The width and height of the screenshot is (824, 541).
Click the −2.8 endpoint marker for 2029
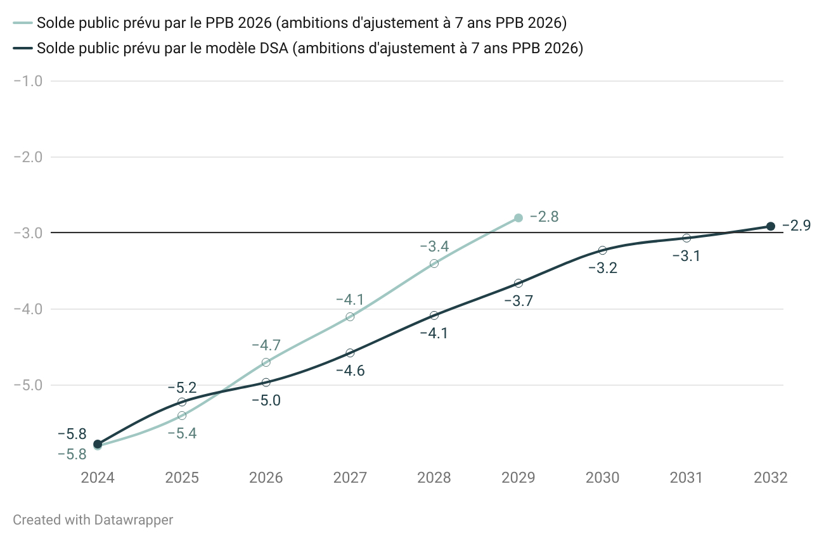click(x=518, y=217)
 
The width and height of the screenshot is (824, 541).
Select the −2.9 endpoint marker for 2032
click(x=771, y=226)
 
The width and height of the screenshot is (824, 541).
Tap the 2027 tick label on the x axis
click(x=350, y=478)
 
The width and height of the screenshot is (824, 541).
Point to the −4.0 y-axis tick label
click(x=28, y=309)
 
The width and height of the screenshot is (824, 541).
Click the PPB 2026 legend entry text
click(x=302, y=23)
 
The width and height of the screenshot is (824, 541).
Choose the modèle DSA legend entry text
click(x=310, y=49)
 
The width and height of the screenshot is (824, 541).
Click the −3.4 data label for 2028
click(x=434, y=246)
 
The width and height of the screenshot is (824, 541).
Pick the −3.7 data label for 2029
click(x=518, y=301)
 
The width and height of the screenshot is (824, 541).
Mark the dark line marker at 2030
click(x=602, y=250)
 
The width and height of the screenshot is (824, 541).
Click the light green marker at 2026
click(x=266, y=362)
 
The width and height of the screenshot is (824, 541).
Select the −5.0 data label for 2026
click(x=266, y=400)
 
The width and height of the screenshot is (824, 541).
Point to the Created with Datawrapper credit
click(x=93, y=520)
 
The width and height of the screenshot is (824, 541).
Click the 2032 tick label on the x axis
click(x=771, y=478)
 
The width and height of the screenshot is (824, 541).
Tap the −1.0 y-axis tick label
click(x=28, y=80)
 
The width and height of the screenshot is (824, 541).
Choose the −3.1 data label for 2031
click(x=686, y=256)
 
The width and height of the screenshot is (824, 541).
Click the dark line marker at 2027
click(x=350, y=352)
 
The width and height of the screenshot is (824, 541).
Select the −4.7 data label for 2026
click(x=266, y=345)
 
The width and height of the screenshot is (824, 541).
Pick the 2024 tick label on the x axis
click(x=98, y=478)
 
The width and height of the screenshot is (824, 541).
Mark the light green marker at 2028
click(x=434, y=264)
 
